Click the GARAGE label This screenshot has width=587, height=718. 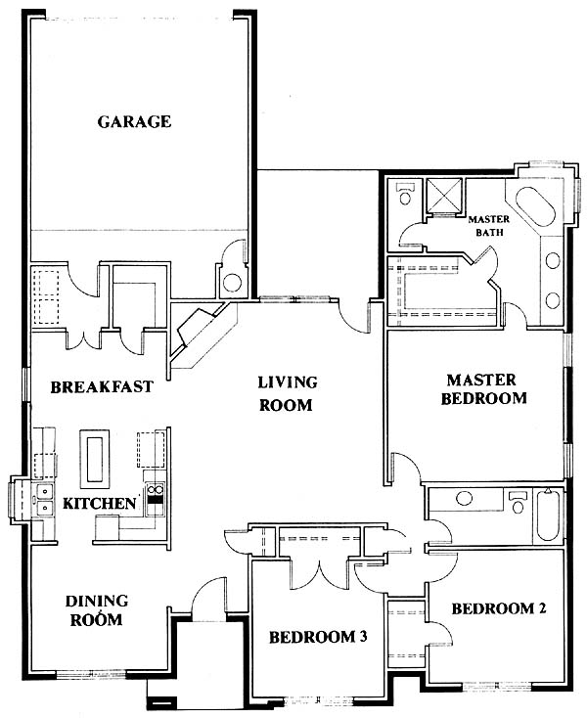(134, 122)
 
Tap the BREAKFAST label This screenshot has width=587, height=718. (102, 387)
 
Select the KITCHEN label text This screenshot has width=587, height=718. (100, 504)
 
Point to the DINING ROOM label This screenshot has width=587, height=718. (97, 610)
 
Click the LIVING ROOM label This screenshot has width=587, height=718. (287, 393)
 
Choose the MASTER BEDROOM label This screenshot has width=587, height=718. (483, 389)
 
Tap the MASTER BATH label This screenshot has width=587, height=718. (489, 226)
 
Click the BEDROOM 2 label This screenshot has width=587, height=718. (499, 608)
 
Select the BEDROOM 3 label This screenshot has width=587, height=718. (318, 637)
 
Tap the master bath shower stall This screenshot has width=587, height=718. (444, 196)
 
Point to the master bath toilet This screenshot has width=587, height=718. (405, 194)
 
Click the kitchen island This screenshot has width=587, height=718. (95, 459)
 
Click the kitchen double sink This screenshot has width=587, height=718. (44, 499)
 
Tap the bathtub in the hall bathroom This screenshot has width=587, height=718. (548, 516)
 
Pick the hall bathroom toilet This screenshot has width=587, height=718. (518, 503)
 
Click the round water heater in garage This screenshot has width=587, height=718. (232, 283)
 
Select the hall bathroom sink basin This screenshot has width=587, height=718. (465, 498)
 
